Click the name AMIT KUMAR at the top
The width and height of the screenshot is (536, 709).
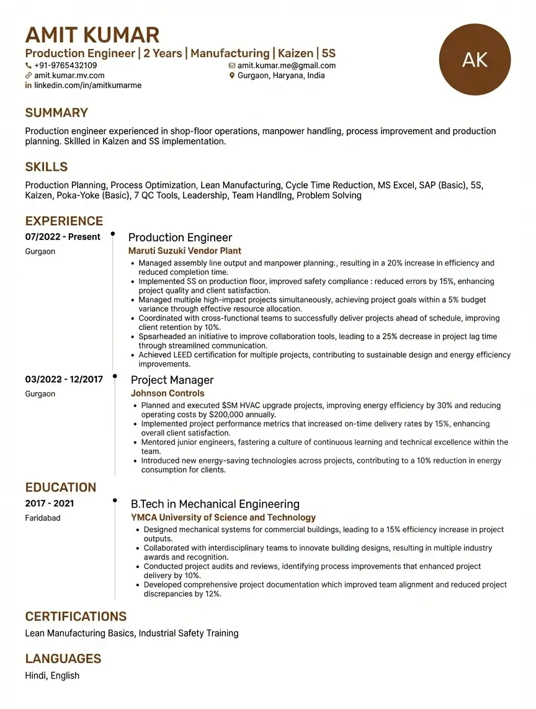pos(92,35)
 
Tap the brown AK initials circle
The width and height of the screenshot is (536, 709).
pos(475,60)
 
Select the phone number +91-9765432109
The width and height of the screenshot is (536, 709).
pos(65,66)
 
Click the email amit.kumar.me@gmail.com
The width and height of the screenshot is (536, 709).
pos(286,66)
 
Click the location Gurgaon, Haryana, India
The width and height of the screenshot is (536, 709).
pos(281,76)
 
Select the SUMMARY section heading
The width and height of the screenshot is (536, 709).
pos(56,113)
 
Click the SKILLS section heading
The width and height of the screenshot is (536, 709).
pos(47,167)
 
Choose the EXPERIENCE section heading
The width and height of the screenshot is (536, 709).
pos(64,221)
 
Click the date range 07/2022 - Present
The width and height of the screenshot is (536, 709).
pos(63,237)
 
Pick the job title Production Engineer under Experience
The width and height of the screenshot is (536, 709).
pos(180,238)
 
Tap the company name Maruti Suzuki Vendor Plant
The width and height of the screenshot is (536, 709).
pos(184,251)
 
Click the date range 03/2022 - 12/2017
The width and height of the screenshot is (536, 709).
pos(64,380)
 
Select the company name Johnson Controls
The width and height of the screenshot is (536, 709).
pos(167,393)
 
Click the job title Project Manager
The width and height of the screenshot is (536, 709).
pos(172,380)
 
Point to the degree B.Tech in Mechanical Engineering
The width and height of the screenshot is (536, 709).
pos(215,504)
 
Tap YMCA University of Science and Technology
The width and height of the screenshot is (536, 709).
pos(223,517)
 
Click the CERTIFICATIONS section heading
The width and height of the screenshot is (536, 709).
pos(76,617)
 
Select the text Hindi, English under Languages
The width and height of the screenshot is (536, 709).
pos(52,676)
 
